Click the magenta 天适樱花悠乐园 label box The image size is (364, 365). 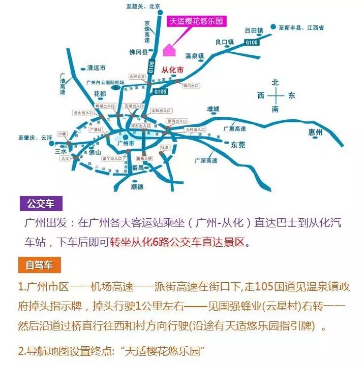point(196,21)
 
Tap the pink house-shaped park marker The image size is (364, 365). point(169,50)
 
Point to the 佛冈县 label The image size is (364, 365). point(138,52)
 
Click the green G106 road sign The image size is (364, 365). point(151,65)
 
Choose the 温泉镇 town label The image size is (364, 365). point(194,55)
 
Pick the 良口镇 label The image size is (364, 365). point(224,42)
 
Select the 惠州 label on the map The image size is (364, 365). point(315,132)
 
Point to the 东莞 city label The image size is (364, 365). point(238,145)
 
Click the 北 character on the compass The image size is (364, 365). point(276,82)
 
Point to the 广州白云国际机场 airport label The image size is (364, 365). point(105,82)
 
